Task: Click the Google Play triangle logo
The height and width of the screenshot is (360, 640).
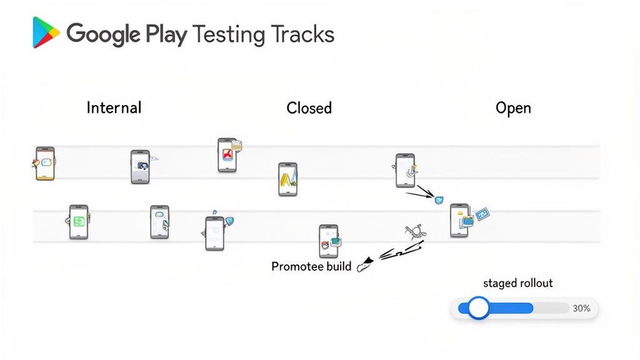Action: [45, 32]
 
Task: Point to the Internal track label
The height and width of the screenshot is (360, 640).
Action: [114, 107]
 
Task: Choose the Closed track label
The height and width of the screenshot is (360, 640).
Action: [309, 108]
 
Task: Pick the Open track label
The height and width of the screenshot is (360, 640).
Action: [513, 107]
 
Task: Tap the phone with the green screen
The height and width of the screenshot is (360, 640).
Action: [78, 221]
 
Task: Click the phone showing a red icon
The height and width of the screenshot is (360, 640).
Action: [227, 156]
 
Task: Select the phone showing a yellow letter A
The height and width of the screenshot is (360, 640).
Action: [287, 179]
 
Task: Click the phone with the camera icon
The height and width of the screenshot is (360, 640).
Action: [140, 166]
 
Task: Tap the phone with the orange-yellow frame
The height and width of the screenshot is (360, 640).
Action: [45, 164]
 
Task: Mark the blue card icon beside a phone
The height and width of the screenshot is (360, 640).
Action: [482, 214]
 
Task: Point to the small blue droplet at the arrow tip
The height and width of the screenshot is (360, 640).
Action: [439, 200]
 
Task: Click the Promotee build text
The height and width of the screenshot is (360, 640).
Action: [311, 266]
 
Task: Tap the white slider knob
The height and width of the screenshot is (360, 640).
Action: [479, 308]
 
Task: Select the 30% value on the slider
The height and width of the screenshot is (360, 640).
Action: [581, 308]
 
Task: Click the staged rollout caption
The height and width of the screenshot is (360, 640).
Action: [518, 283]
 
